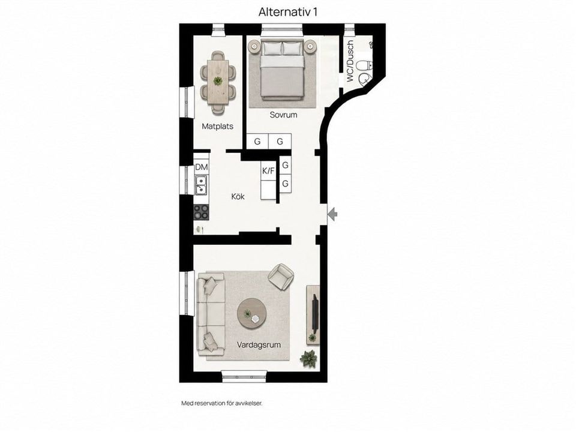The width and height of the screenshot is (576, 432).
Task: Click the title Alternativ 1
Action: pos(287,12)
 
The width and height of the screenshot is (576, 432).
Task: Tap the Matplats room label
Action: pos(217,127)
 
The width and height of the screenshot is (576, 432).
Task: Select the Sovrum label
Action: pos(283,115)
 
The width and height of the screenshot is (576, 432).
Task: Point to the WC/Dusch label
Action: pos(350,61)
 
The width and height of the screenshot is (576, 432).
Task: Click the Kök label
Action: pos(238,197)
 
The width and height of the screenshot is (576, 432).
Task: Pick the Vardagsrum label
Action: pos(259,345)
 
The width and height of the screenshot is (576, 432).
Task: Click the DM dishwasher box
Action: pos(202,167)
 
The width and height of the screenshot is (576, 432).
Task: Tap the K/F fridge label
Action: pos(268,171)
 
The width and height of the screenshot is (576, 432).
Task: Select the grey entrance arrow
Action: pos(332,214)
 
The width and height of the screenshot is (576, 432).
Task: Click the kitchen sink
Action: pos(201,185)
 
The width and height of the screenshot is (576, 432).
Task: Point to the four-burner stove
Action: pos(201,212)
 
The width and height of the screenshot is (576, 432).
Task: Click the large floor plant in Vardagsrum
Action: pos(308,359)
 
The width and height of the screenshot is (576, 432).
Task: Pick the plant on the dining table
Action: pos(218,80)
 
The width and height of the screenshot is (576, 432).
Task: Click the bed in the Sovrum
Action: pos(283,71)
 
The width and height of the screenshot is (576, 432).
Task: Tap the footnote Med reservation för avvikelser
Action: pos(222,403)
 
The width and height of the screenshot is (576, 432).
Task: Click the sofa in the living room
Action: pos(211,314)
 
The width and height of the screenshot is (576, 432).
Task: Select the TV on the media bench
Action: pos(315,312)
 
